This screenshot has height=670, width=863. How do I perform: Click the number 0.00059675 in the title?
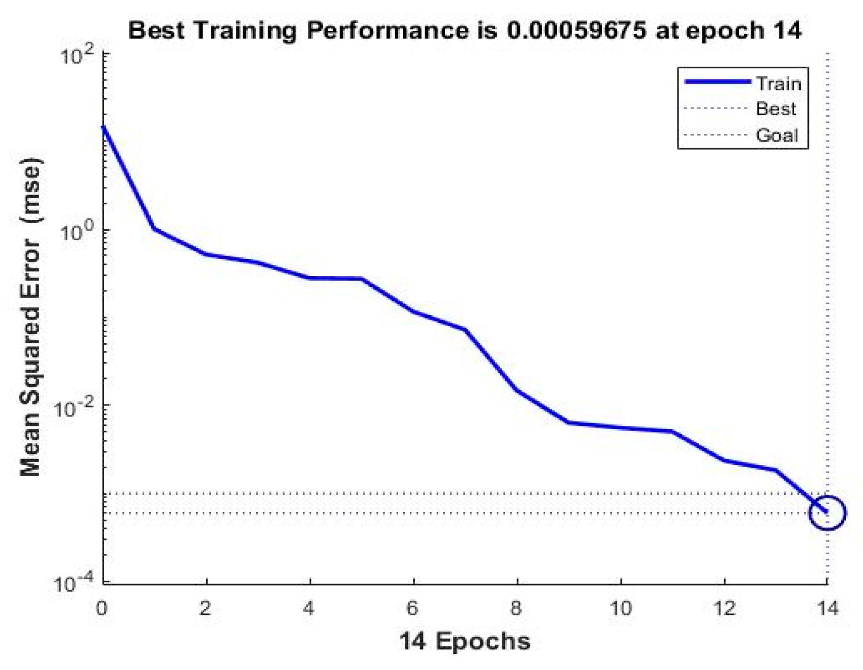(576, 30)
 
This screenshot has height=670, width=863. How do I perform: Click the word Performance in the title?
(387, 30)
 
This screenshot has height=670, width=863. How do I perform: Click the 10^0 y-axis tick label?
(79, 232)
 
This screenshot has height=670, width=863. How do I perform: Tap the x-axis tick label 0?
(102, 608)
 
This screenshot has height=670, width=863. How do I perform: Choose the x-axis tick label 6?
(413, 608)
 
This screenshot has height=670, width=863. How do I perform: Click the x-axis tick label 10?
(621, 608)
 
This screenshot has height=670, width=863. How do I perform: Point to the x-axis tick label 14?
(827, 608)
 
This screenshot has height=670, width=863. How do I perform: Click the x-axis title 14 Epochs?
(464, 641)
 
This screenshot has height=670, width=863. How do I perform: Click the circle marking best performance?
(827, 512)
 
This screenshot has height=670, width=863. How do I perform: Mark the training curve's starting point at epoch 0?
(103, 127)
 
